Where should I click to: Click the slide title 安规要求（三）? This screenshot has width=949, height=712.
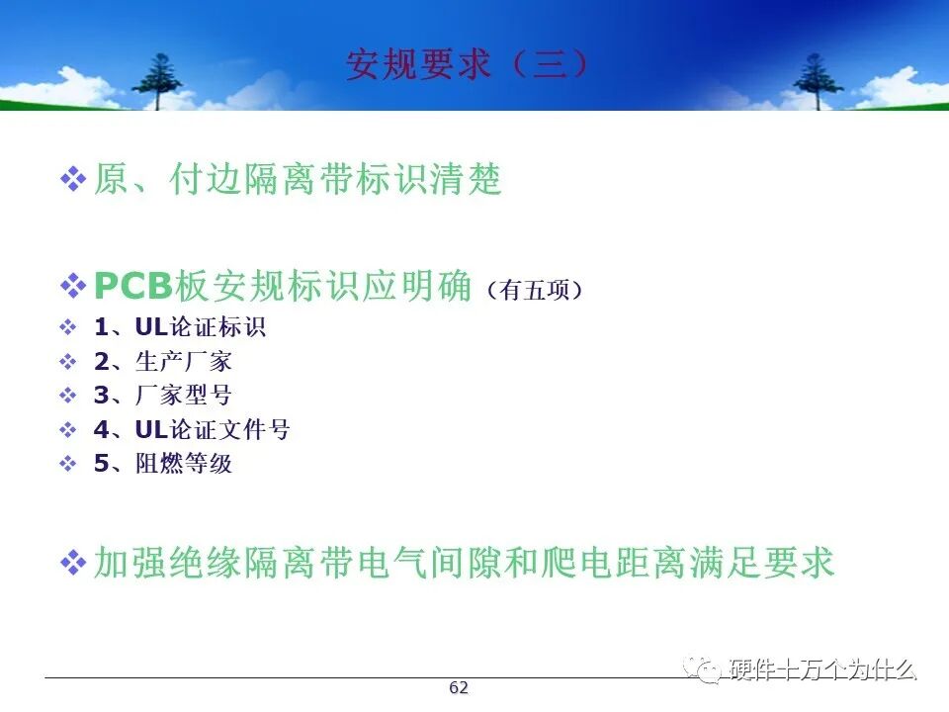(x=468, y=64)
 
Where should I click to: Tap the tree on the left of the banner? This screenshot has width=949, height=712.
(x=157, y=81)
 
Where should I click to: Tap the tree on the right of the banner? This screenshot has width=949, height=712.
(x=818, y=81)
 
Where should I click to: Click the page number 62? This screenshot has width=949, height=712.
(x=459, y=687)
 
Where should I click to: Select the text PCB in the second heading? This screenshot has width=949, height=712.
(x=133, y=285)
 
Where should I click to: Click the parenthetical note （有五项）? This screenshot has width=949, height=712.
(x=535, y=291)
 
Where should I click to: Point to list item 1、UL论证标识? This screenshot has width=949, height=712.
(x=180, y=327)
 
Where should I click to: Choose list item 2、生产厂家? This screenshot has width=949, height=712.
(x=163, y=362)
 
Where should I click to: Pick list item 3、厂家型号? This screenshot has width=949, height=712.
(x=163, y=396)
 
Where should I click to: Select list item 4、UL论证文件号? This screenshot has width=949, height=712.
(x=192, y=430)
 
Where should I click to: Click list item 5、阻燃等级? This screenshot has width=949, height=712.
(x=163, y=464)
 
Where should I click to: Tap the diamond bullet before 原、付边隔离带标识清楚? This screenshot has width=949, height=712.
(x=73, y=179)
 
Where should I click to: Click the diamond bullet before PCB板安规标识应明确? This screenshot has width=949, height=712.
(x=73, y=286)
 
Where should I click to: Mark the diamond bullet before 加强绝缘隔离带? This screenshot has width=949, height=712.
(x=73, y=563)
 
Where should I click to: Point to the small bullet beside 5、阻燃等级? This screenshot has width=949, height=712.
(x=68, y=465)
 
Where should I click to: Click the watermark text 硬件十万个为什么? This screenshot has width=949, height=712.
(x=823, y=669)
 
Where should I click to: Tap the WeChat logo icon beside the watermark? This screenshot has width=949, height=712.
(x=703, y=669)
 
